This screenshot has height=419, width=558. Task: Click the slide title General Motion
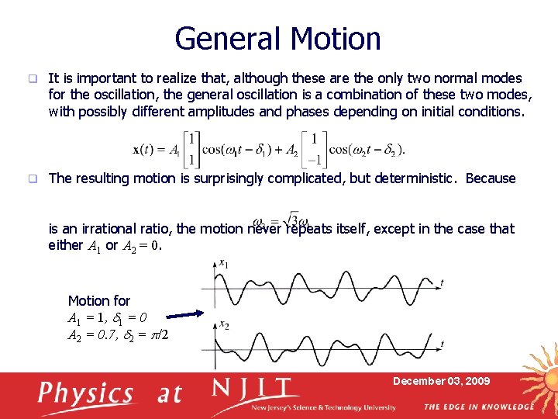pyautogui.click(x=277, y=39)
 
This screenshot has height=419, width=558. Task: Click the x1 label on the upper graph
pyautogui.click(x=223, y=265)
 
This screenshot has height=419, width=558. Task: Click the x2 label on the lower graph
pyautogui.click(x=223, y=324)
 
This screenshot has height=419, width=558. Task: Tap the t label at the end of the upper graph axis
pyautogui.click(x=442, y=282)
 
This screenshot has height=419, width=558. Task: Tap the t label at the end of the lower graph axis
pyautogui.click(x=442, y=342)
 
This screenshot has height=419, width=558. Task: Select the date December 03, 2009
pyautogui.click(x=441, y=381)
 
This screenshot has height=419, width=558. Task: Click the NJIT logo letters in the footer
pyautogui.click(x=255, y=389)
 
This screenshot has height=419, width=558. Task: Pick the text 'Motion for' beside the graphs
pyautogui.click(x=99, y=300)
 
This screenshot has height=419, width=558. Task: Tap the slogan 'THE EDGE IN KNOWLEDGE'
pyautogui.click(x=478, y=407)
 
